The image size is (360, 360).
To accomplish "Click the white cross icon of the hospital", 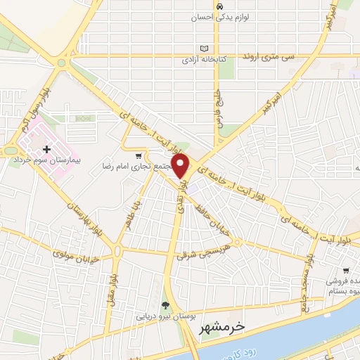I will click(x=46, y=149).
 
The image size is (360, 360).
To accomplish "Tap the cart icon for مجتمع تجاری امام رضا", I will click(x=139, y=155).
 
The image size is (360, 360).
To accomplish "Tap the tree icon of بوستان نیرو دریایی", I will click(x=166, y=305).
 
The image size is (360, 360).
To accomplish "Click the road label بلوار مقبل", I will click(x=110, y=285).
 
